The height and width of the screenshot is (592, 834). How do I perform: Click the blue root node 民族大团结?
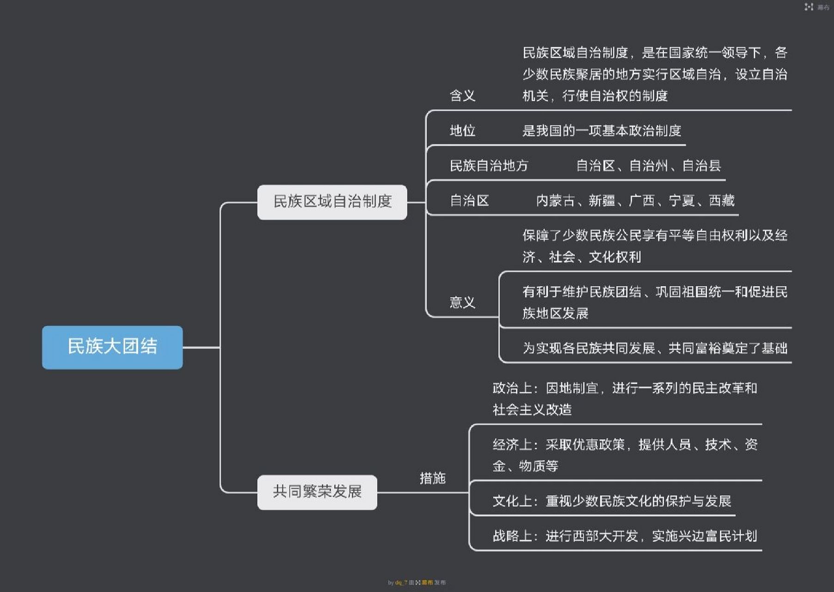coord(112,347)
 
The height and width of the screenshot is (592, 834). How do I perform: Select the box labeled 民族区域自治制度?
coord(332,202)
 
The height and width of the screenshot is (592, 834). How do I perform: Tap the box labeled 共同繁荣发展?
coord(317,492)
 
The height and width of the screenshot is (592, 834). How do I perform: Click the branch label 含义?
coord(462,96)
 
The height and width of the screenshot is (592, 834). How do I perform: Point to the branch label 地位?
coord(462,131)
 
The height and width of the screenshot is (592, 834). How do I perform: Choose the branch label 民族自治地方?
coord(489,166)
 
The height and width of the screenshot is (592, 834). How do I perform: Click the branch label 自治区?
coord(469,201)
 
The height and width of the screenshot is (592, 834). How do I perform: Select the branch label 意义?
coord(462,302)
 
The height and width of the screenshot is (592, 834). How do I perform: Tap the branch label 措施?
coord(432,478)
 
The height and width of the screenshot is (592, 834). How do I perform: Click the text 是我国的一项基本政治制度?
coord(601,131)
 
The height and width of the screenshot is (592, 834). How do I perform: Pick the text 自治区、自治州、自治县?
coord(648,166)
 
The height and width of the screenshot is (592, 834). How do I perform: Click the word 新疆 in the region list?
coord(601,201)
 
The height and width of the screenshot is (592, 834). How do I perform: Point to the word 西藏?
coord(722,201)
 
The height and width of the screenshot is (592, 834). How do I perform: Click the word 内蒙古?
coord(555,201)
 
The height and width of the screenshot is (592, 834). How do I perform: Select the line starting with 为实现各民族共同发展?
coord(655,348)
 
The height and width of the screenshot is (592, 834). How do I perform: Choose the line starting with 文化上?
coord(612,501)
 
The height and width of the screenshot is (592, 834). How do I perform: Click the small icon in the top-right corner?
coord(809,7)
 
